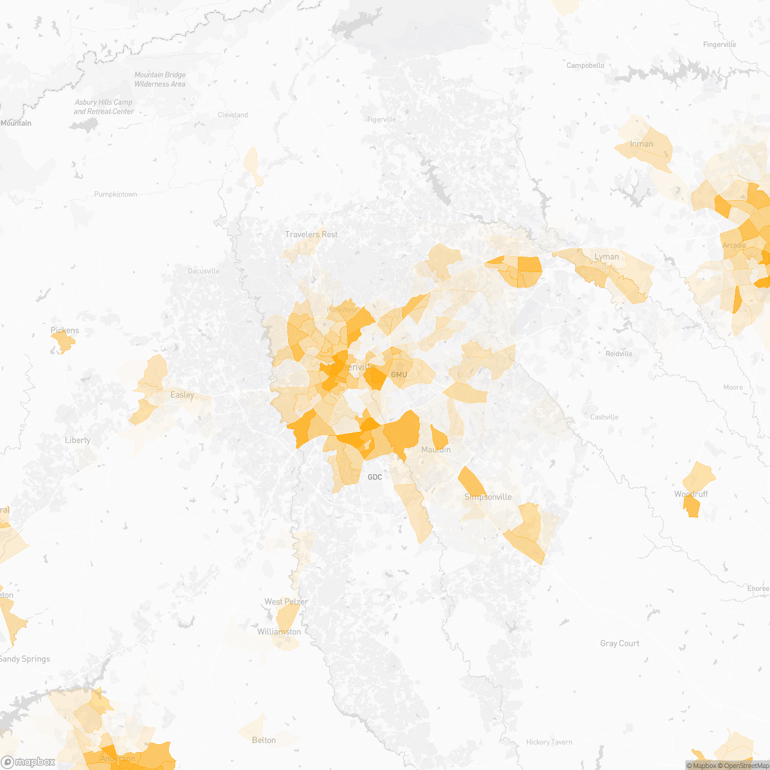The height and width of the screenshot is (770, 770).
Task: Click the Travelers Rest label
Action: coord(311,235)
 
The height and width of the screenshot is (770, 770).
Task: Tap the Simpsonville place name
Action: coord(488,497)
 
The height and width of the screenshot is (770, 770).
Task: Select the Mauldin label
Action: coord(436,450)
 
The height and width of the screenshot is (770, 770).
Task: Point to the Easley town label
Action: coord(182,395)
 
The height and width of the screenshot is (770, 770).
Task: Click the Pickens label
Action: coord(65,331)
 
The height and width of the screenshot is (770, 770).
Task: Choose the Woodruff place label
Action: coord(690,495)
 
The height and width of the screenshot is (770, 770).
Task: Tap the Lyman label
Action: coord(606,257)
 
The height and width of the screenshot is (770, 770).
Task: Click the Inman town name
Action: coord(641,144)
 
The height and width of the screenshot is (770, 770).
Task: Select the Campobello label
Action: coord(585,65)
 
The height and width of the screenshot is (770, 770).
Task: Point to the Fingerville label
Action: coord(719,45)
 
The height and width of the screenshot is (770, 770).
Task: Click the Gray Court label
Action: coord(619,644)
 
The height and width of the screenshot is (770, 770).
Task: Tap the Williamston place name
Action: coord(279,632)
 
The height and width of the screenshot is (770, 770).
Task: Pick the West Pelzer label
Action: coord(286,602)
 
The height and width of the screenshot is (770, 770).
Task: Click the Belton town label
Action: coord(264,740)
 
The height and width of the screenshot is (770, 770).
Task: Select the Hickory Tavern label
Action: coord(549,742)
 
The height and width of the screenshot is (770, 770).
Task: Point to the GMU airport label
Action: coord(398,375)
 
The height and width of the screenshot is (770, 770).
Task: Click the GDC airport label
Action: coord(375,477)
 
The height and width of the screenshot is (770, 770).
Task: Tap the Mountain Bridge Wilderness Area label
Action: coord(160,80)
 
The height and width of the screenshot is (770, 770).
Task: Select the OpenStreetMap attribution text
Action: coord(746,766)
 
